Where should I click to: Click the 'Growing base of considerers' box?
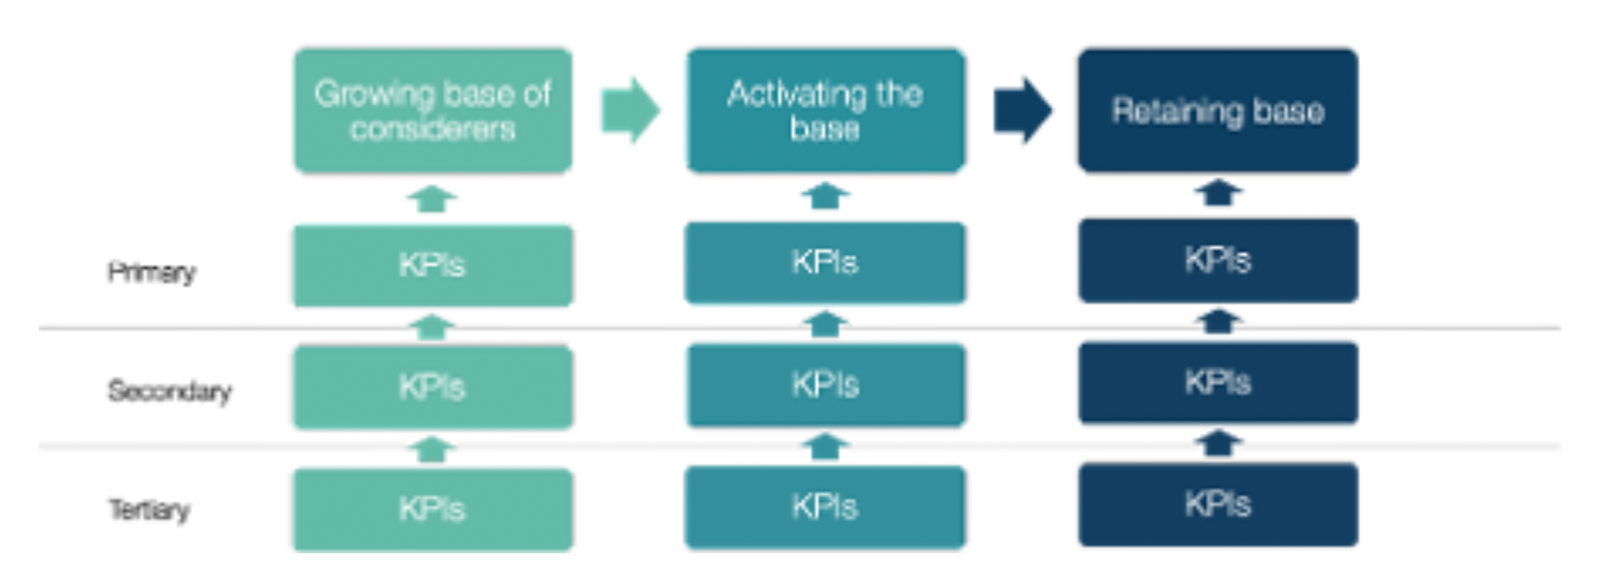(433, 111)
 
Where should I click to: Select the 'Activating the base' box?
(825, 111)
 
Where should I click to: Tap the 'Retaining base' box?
(1218, 111)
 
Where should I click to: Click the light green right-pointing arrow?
(630, 111)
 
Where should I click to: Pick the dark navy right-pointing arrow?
(1023, 111)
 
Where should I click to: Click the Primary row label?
(152, 272)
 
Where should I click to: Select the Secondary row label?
(170, 391)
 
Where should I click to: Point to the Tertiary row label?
(149, 510)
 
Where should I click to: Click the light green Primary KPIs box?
(433, 265)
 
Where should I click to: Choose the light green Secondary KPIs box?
(433, 388)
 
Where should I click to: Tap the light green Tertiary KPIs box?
(433, 509)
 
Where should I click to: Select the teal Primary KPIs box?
(825, 263)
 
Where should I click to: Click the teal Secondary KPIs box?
(825, 385)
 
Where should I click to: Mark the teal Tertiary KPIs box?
(825, 507)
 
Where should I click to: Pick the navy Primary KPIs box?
(1218, 260)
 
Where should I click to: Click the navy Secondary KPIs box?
(1218, 383)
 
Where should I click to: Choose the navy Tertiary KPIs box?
(1218, 504)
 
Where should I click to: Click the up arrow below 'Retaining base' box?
(1218, 193)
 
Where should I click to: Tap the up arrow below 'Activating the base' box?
(825, 196)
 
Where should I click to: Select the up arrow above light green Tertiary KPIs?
(432, 449)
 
